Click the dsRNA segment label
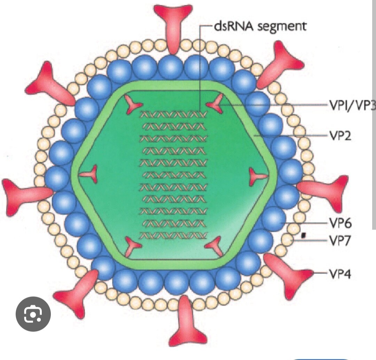[x=261, y=26]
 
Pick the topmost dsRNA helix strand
[x=173, y=114]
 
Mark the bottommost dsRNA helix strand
[x=173, y=235]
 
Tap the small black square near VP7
[x=304, y=235]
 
